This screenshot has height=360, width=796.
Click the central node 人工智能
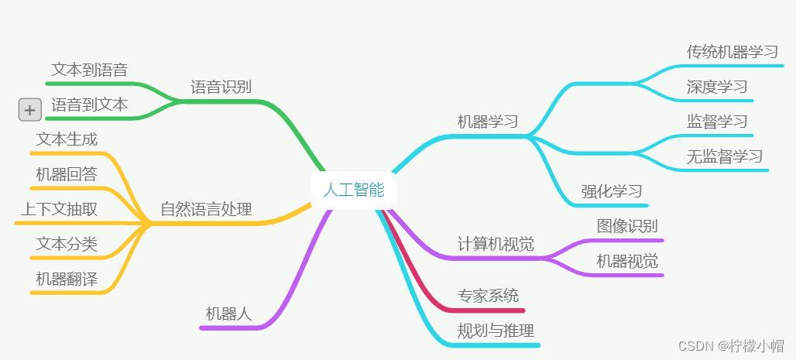(x=353, y=190)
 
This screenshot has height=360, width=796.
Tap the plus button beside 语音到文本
(x=29, y=111)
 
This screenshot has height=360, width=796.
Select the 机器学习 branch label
(x=487, y=122)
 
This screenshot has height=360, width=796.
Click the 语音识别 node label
(x=221, y=86)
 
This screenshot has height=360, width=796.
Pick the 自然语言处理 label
(x=206, y=209)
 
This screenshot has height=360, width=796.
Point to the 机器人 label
(x=228, y=314)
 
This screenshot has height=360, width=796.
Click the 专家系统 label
(x=488, y=295)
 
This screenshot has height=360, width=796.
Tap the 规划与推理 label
(x=496, y=331)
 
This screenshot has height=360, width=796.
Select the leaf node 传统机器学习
(x=732, y=52)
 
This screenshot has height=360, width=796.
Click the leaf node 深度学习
(x=717, y=86)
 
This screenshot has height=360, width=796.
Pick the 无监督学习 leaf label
(x=725, y=156)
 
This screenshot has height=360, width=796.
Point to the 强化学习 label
(x=612, y=191)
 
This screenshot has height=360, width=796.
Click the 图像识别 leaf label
(x=627, y=226)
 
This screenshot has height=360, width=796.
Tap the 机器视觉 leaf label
(x=627, y=261)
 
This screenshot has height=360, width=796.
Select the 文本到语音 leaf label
(x=89, y=70)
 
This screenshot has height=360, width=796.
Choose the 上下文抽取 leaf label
(x=59, y=209)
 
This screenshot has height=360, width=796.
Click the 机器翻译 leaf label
(x=67, y=279)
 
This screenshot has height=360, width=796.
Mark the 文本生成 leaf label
(x=67, y=139)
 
